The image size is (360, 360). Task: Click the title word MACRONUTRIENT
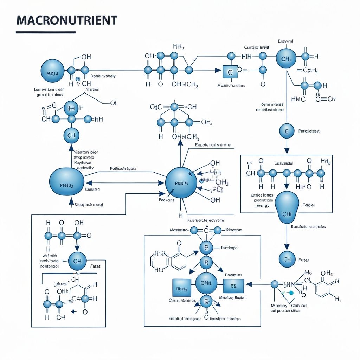[x=66, y=20]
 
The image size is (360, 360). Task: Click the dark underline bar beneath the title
[x=46, y=32]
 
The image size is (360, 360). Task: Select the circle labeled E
[x=287, y=131]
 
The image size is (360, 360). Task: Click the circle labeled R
[x=206, y=262]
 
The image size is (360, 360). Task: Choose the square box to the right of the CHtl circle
[x=233, y=285]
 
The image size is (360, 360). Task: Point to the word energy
[x=262, y=206]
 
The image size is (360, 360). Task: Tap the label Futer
[x=303, y=260]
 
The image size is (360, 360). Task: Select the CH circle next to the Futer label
[x=287, y=259]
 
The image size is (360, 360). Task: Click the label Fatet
[x=95, y=266]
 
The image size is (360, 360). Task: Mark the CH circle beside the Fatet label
[x=77, y=261]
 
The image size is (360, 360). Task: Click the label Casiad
[x=92, y=189]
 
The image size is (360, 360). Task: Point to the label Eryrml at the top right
[x=285, y=41]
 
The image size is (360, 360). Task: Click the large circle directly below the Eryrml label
[x=286, y=58]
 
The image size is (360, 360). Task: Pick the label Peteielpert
[x=308, y=131]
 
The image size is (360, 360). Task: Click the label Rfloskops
[x=229, y=247]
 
